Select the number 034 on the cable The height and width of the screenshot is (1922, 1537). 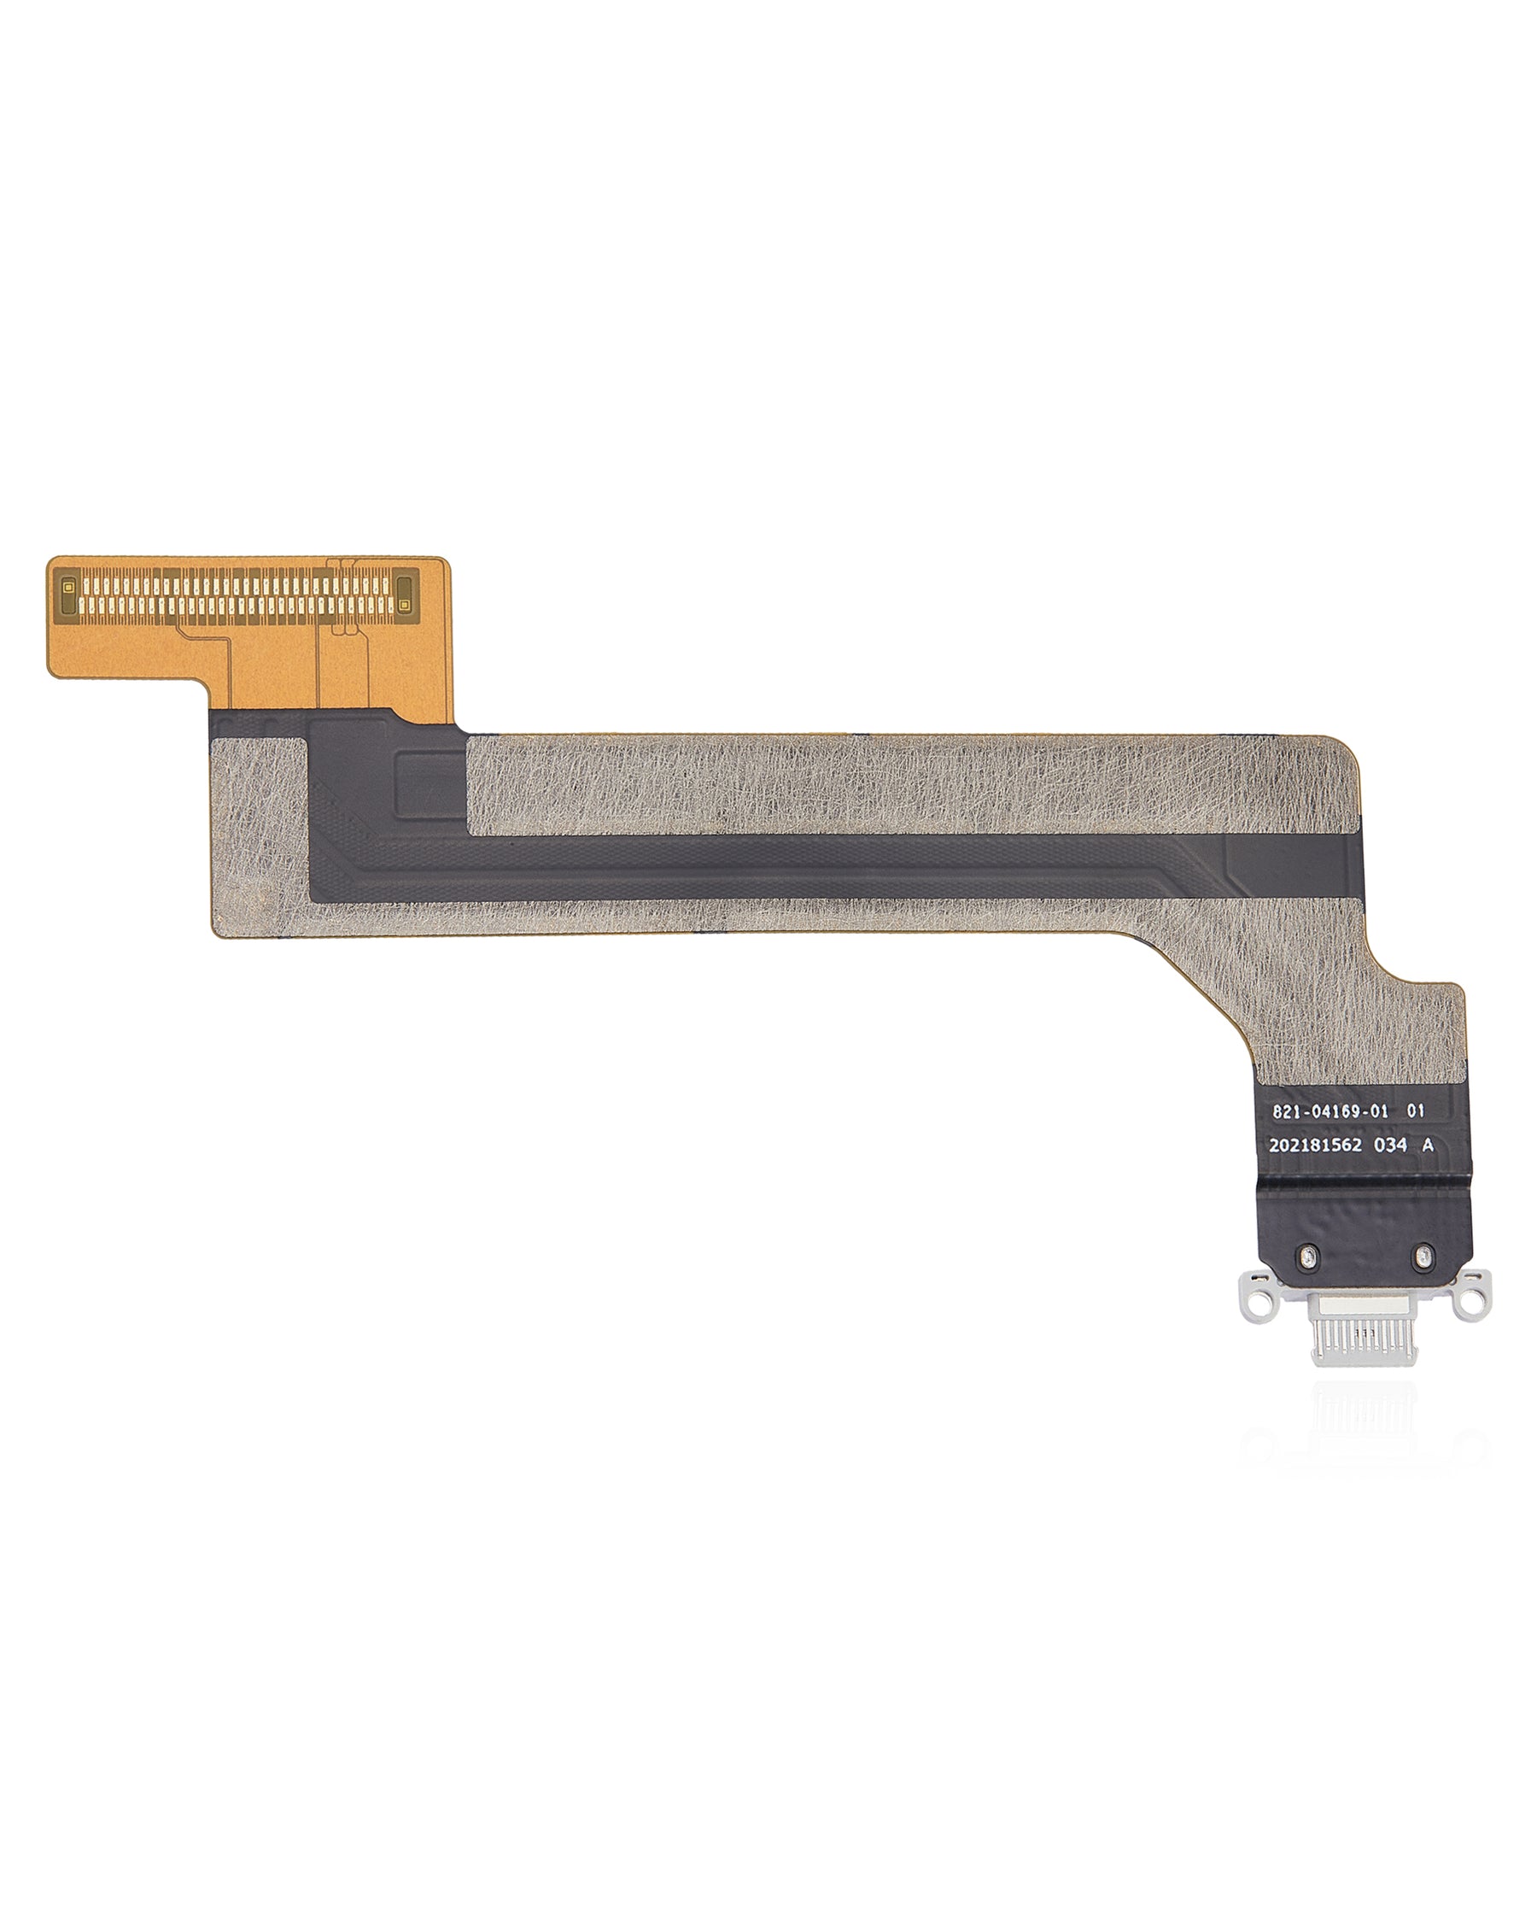coord(1390,1146)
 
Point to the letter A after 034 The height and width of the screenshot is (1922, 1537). coord(1428,1146)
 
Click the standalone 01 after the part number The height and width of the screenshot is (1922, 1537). coord(1416,1112)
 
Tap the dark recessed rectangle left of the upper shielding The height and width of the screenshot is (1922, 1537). coord(430,784)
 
